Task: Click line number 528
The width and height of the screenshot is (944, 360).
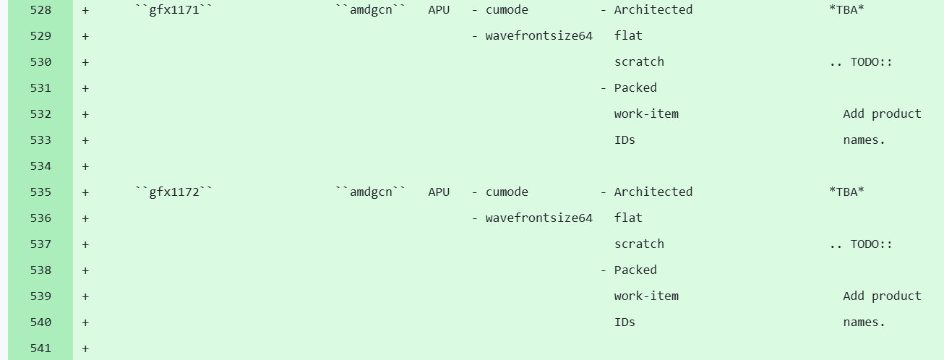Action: (x=40, y=10)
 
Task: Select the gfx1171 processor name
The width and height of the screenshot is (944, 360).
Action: (x=174, y=10)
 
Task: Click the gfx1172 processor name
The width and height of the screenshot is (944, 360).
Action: (x=174, y=192)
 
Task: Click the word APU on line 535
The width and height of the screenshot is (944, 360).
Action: (x=439, y=192)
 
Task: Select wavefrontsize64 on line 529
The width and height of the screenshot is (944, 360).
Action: (x=538, y=36)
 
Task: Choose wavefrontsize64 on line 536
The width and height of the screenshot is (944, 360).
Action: (x=538, y=218)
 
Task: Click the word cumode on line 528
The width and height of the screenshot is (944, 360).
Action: (x=507, y=10)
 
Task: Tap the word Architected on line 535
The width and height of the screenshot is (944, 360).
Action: (x=653, y=192)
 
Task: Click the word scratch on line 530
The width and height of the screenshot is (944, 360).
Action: (x=639, y=62)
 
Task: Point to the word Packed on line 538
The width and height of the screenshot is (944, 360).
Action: (x=635, y=270)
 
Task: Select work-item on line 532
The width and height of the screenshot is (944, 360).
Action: (x=646, y=114)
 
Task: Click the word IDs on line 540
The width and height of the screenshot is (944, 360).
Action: (x=625, y=322)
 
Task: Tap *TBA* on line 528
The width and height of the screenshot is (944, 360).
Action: (x=846, y=10)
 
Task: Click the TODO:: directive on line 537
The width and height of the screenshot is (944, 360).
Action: (x=871, y=244)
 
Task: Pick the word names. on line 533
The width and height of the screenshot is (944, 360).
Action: (x=864, y=140)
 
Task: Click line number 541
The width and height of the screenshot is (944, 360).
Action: (x=40, y=348)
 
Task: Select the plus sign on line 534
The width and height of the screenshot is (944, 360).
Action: (x=85, y=166)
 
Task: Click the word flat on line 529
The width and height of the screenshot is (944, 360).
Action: (x=628, y=36)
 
